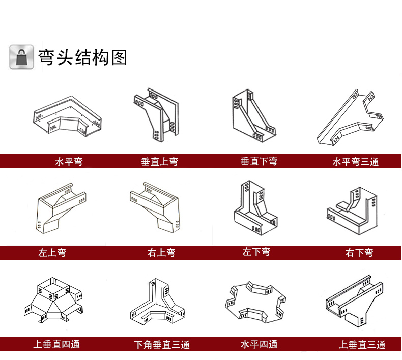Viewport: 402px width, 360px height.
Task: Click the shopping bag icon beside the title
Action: point(21,57)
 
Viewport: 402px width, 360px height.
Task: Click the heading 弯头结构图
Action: point(82,57)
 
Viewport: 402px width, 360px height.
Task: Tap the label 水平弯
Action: point(69,162)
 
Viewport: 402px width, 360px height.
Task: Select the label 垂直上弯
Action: point(160,162)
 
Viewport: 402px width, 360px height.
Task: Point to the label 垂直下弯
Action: point(259,162)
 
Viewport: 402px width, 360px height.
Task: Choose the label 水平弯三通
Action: point(356,162)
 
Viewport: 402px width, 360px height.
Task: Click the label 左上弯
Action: point(52,252)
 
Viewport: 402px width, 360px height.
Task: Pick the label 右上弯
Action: point(161,253)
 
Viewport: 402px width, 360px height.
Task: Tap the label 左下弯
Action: point(256,252)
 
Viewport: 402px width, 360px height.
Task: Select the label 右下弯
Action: point(359,253)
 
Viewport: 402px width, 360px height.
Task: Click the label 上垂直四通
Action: point(56,344)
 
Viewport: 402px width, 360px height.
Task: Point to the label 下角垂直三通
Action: point(162,345)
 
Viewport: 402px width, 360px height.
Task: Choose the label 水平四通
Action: point(259,344)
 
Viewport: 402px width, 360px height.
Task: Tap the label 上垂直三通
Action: point(362,345)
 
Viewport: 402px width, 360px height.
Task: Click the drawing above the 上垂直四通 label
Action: point(52,301)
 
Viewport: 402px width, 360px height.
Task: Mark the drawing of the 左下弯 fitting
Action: point(255,209)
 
